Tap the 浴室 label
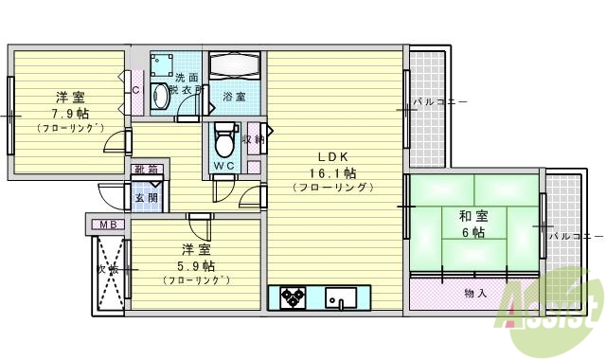[x=234, y=97]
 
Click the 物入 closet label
[x=475, y=292]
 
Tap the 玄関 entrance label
[x=146, y=198]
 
